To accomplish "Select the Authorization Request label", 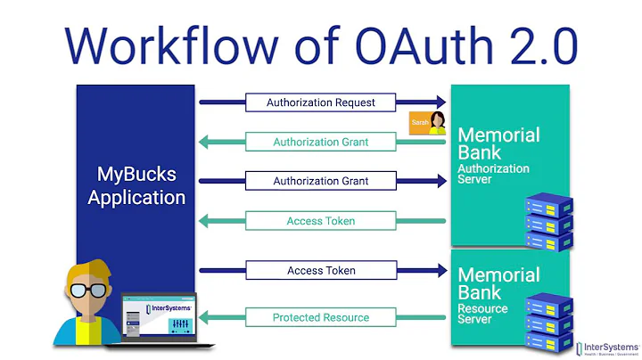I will tap(321, 102).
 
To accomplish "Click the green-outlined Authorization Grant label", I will tap(321, 142).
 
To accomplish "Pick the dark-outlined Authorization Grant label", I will tap(321, 181).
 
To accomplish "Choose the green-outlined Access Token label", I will tap(321, 221).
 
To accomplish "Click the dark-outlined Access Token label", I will tap(321, 270).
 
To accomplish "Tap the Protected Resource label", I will tap(321, 316).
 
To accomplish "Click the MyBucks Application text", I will tap(136, 184).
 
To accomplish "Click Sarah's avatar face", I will tap(438, 120).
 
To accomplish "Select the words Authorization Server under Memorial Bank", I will tap(493, 174).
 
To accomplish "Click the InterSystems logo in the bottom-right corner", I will tap(605, 347).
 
